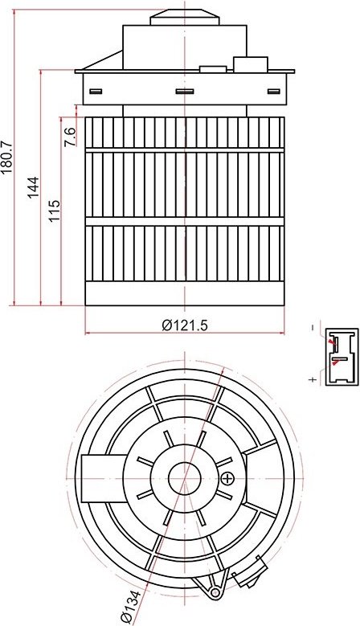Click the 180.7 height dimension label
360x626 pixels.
7,158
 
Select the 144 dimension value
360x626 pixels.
34,187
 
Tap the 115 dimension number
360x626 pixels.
55,211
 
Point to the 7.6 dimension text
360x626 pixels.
70,137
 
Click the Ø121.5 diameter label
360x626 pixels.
185,325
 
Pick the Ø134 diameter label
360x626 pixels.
131,608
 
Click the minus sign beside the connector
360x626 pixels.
313,328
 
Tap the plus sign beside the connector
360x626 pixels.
313,379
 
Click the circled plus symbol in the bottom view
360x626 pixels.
227,478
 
